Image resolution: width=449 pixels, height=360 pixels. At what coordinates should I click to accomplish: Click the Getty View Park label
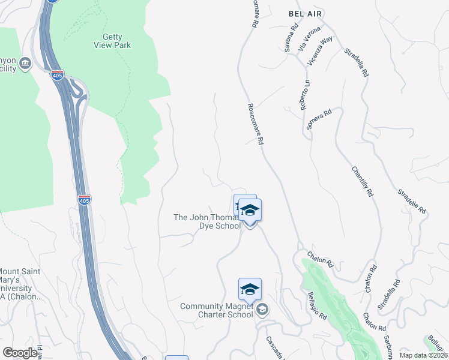point(112,40)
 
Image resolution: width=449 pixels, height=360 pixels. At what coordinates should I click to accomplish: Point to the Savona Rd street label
point(291,37)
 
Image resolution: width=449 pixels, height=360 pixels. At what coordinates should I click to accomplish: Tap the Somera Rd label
point(319,119)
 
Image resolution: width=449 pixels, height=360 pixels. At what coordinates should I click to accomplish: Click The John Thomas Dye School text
point(206,221)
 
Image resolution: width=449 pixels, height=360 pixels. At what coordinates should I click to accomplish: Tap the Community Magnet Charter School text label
point(217,310)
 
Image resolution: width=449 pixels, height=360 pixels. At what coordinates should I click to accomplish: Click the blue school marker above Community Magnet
point(250,289)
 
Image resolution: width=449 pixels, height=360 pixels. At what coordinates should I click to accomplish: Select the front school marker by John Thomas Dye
point(250,211)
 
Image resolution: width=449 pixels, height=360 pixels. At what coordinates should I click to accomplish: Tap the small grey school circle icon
point(262,310)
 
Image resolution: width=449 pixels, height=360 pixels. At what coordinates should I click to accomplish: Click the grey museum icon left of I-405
point(25,64)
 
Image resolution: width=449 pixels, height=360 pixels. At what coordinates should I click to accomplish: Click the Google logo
point(20,353)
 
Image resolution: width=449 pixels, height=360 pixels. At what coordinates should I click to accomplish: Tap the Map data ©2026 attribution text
point(423,355)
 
